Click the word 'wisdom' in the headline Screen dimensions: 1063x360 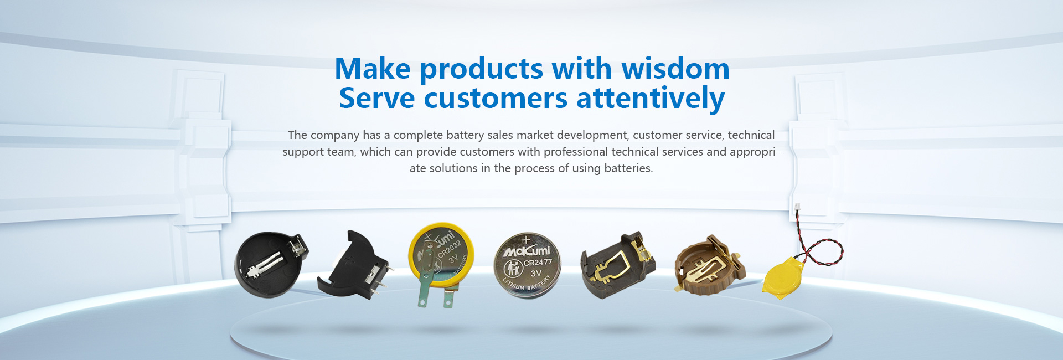coord(675,69)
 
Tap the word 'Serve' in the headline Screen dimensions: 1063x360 coord(377,99)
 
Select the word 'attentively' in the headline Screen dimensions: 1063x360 coord(651,99)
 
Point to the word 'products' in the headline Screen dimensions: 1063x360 coord(481,70)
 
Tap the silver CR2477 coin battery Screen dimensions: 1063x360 coord(527,265)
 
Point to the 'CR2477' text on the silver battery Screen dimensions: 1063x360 coord(538,263)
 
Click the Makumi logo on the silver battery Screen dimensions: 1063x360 coord(526,251)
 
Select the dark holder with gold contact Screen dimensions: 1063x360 coord(617,265)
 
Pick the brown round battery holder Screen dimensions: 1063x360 coord(709,265)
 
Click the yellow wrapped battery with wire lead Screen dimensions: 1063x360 coord(782,280)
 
